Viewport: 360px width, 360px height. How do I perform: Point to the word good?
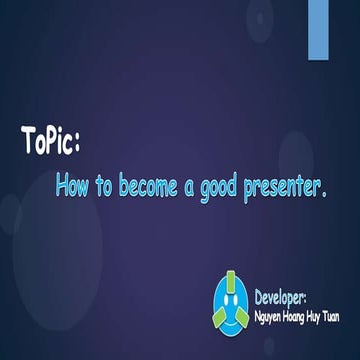click(x=221, y=187)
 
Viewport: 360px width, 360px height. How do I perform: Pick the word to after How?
click(x=104, y=185)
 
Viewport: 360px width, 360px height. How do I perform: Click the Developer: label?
click(x=287, y=297)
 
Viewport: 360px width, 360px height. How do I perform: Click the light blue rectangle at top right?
click(x=318, y=27)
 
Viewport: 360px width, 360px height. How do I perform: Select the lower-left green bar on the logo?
click(x=219, y=318)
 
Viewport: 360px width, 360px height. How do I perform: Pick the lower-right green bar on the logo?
click(x=243, y=318)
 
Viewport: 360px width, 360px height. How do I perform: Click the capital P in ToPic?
click(x=50, y=141)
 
